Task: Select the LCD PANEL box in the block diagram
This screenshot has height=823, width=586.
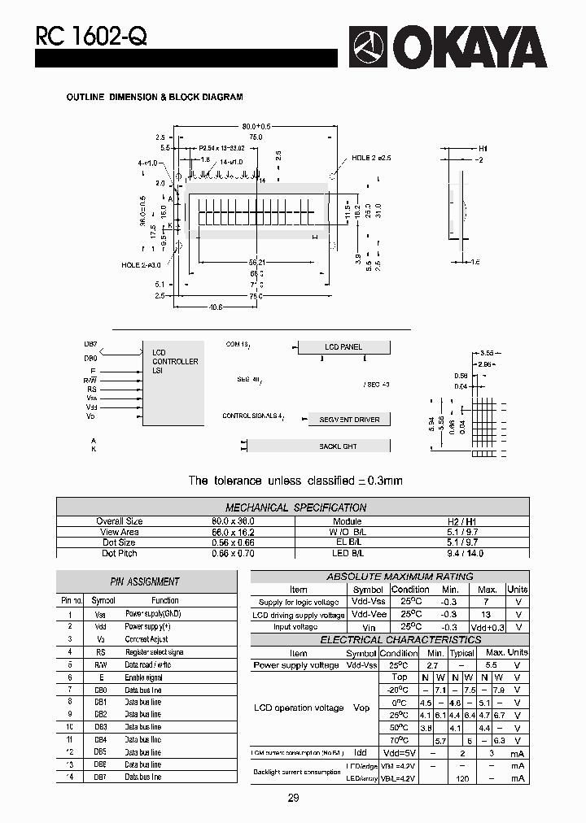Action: (343, 347)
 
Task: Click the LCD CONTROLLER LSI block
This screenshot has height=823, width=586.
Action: (173, 382)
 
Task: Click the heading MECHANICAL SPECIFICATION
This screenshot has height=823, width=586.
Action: (295, 507)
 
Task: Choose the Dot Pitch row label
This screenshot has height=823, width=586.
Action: (119, 553)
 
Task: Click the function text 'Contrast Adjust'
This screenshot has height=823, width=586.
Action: (147, 640)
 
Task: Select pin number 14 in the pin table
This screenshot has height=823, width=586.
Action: (69, 777)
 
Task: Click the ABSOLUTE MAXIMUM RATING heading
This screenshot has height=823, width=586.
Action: (388, 577)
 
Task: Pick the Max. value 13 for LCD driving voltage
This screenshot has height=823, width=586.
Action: (487, 615)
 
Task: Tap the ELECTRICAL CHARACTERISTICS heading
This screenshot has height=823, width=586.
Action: (389, 640)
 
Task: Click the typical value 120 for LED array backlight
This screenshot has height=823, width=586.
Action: (461, 779)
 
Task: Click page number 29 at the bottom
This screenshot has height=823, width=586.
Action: (293, 798)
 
